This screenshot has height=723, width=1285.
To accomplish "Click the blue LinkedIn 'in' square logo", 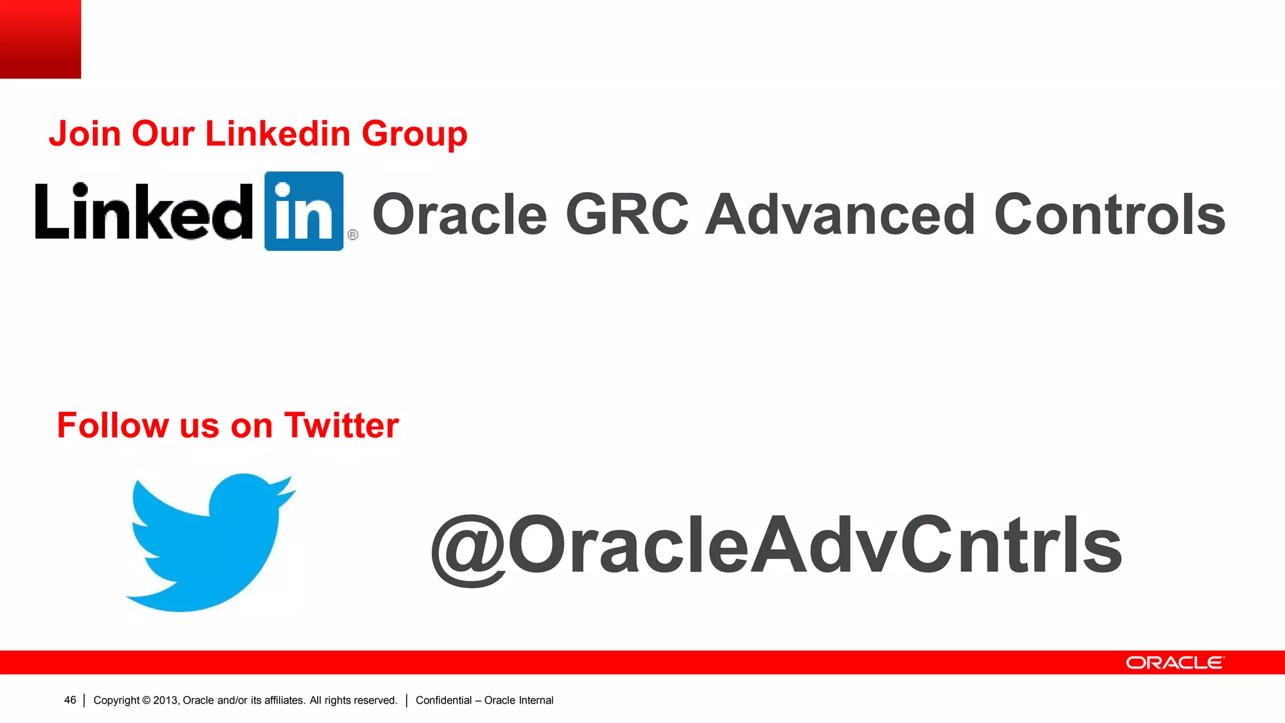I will click(x=304, y=211).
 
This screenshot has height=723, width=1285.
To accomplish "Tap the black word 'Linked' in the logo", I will click(x=144, y=212).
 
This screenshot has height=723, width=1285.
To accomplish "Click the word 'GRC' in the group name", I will click(x=627, y=215).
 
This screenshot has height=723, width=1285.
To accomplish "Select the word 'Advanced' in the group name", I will click(x=840, y=215).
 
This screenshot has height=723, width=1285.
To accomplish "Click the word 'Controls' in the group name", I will click(x=1109, y=215).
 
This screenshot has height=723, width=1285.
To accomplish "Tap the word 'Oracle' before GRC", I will click(x=460, y=215).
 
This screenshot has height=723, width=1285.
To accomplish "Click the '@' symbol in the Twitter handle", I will click(x=468, y=549).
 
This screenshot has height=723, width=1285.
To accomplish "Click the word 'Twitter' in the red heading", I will click(x=341, y=426).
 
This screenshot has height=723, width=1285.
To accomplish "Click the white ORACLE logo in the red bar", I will click(x=1175, y=663).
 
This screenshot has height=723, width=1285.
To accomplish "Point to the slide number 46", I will click(x=70, y=700).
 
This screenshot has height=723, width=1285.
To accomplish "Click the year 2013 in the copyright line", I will click(x=166, y=700).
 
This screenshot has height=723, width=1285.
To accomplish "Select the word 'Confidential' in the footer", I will click(x=444, y=700).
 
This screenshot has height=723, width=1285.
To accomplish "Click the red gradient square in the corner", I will click(x=40, y=39).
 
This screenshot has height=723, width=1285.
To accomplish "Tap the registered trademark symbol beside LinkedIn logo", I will click(x=353, y=235).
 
